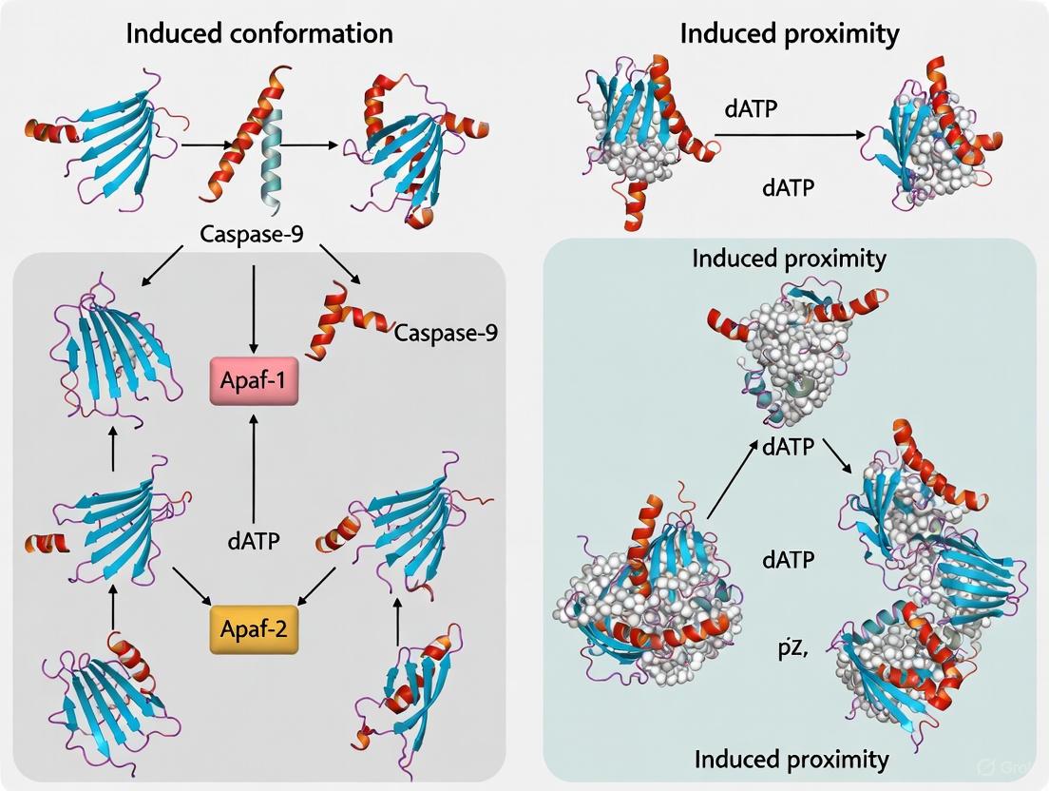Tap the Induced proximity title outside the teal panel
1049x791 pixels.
[790, 34]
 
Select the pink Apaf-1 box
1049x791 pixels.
[255, 385]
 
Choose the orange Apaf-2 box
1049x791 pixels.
[253, 628]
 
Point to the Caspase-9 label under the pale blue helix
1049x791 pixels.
[252, 233]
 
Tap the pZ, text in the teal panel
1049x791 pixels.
[786, 650]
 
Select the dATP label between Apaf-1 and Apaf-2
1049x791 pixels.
[254, 542]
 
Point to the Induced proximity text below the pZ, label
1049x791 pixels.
[792, 759]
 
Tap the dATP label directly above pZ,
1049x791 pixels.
[788, 560]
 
